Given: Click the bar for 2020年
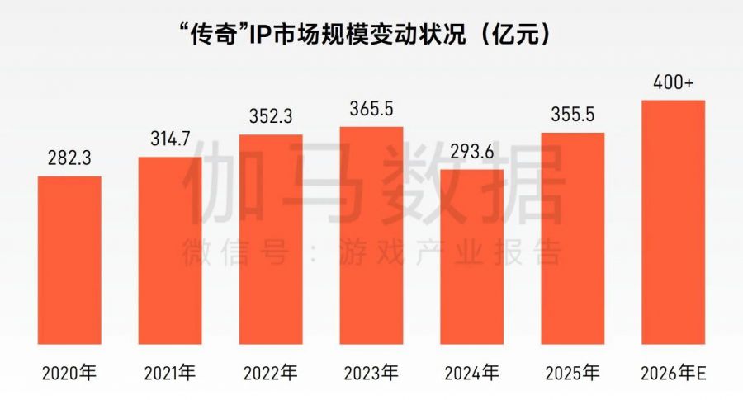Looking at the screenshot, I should (x=69, y=260).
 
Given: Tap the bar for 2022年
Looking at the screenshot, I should (x=271, y=239).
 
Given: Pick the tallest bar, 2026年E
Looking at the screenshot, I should (x=673, y=222).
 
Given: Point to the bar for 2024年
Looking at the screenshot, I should (x=472, y=256).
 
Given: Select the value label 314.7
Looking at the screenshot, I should (x=170, y=139).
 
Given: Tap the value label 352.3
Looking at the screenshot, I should (x=271, y=118).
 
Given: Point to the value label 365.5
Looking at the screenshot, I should (x=371, y=110).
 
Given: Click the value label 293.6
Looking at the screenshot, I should (x=472, y=153).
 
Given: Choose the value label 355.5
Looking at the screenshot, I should (x=573, y=115).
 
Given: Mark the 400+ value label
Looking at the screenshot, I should (x=673, y=83).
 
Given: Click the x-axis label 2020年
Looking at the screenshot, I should (x=69, y=374).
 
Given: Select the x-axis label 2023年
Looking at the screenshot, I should (x=371, y=374).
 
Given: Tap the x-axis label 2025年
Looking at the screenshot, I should (x=573, y=374).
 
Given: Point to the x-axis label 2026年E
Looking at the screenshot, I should (x=673, y=374).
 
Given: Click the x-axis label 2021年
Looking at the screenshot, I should (x=170, y=374).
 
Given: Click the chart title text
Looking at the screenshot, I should (x=364, y=35).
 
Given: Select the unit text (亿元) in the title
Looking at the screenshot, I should (x=515, y=35).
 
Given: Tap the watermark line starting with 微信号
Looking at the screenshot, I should (x=371, y=252).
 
